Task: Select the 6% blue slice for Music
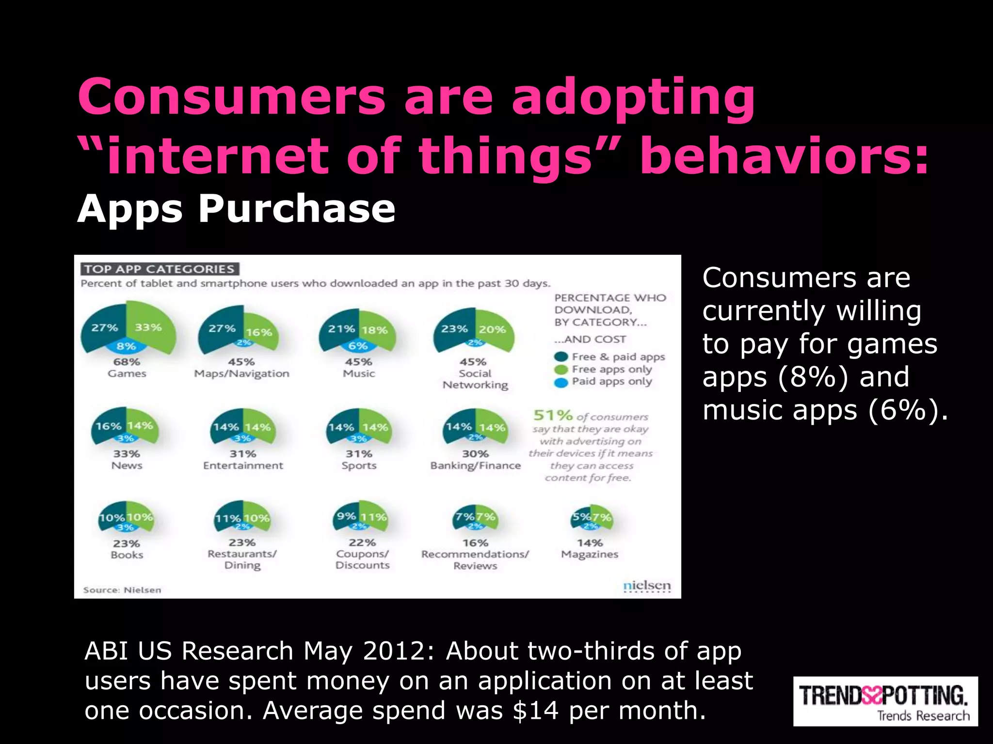pyautogui.click(x=358, y=346)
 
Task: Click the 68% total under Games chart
pyautogui.click(x=127, y=362)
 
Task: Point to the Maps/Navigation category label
pyautogui.click(x=241, y=373)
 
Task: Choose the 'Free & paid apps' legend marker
pyautogui.click(x=561, y=357)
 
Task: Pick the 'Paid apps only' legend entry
pyautogui.click(x=611, y=382)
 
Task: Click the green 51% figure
pyautogui.click(x=553, y=415)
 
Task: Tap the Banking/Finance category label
pyautogui.click(x=475, y=465)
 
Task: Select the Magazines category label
pyautogui.click(x=590, y=554)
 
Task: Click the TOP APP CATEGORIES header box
pyautogui.click(x=159, y=269)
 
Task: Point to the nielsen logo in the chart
pyautogui.click(x=647, y=586)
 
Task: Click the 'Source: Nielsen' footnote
pyautogui.click(x=122, y=590)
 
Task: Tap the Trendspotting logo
pyautogui.click(x=885, y=701)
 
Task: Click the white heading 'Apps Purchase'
pyautogui.click(x=236, y=209)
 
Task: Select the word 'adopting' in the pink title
pyautogui.click(x=633, y=98)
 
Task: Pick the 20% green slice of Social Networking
pyautogui.click(x=493, y=329)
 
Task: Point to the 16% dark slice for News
pyautogui.click(x=108, y=426)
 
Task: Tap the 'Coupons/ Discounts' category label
pyautogui.click(x=362, y=559)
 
